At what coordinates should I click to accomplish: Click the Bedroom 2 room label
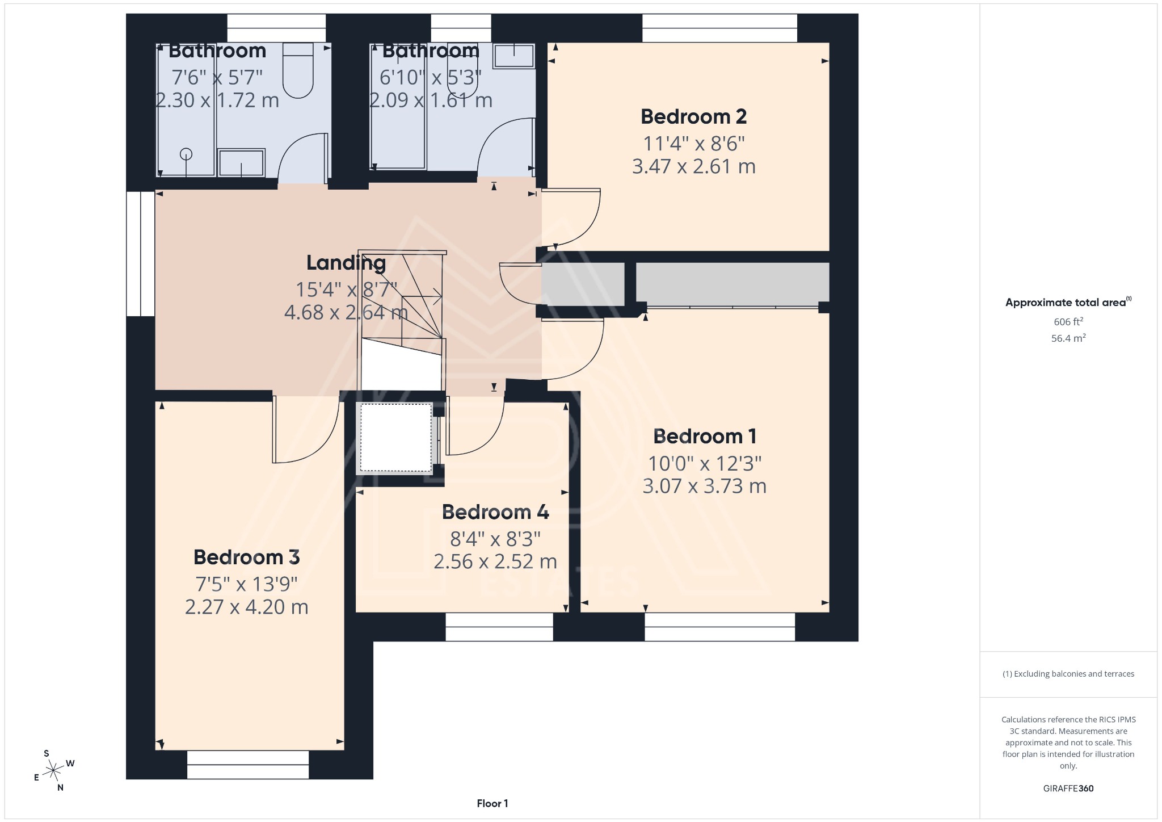point(693,117)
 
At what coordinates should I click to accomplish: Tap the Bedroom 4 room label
point(495,512)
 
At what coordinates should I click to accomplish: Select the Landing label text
point(346,263)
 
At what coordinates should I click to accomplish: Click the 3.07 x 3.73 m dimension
point(704,487)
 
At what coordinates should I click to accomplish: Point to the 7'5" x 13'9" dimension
point(246,584)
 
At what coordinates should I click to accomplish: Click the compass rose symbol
point(54,770)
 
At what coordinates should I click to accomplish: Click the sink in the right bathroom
point(513,56)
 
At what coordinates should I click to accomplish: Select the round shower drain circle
point(186,154)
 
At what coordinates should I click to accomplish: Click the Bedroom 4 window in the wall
point(499,627)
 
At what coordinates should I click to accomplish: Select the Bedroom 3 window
point(248,765)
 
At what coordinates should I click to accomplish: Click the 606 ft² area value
point(1068,322)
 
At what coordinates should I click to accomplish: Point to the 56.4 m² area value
point(1068,338)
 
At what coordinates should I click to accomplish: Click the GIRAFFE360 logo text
point(1068,789)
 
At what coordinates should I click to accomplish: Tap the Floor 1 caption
point(492,803)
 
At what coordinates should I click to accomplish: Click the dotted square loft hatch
point(396,437)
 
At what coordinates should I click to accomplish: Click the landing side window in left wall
point(140,254)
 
